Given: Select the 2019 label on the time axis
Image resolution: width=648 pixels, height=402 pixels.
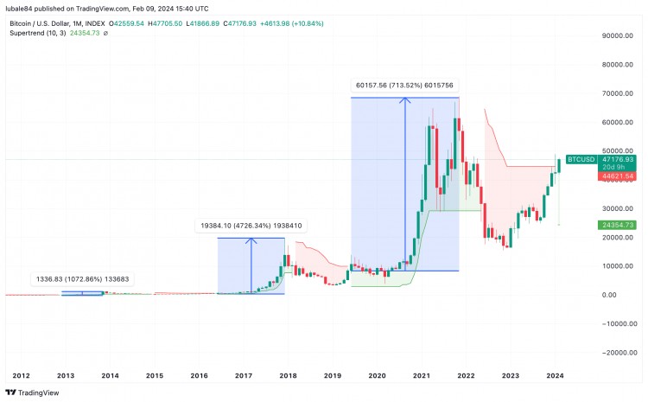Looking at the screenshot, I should [333, 376].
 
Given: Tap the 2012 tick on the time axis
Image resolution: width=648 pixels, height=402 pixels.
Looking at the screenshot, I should [22, 376].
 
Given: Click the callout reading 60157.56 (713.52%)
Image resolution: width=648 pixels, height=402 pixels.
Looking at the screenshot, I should [404, 85].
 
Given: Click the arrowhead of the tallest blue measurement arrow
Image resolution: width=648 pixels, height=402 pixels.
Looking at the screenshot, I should [404, 99].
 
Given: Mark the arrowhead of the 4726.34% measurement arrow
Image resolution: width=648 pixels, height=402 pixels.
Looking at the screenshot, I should [251, 240].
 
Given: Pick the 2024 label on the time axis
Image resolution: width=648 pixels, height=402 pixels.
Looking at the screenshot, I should [556, 376].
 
